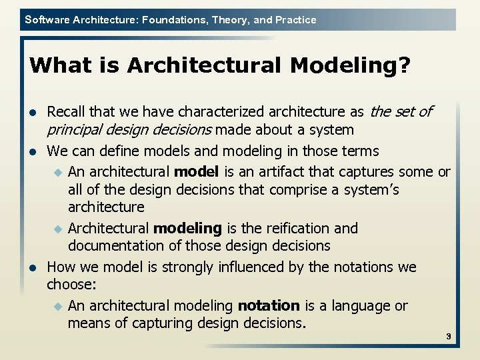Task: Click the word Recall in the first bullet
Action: coord(66,111)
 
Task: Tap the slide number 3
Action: coord(449,337)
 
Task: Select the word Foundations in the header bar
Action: coord(175,20)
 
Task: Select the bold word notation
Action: coord(269,306)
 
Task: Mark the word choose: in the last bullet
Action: coord(71,285)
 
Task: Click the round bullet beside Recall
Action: coord(33,112)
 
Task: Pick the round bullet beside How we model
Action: coord(33,268)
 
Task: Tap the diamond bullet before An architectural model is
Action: coord(57,173)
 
